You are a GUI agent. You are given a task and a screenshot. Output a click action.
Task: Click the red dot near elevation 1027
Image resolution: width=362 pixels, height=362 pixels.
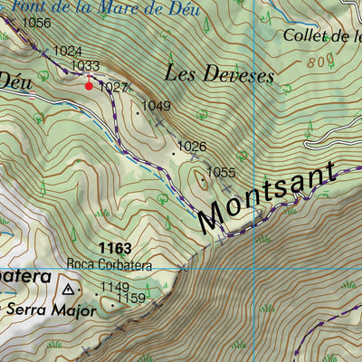[x=89, y=86]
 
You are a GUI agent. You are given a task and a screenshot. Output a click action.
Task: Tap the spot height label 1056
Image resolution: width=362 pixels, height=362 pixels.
[x=36, y=24]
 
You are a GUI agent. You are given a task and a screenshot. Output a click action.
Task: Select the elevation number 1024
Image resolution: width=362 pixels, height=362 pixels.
[x=68, y=52]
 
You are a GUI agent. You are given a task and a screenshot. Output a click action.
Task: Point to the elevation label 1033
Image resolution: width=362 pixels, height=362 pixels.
[x=84, y=66]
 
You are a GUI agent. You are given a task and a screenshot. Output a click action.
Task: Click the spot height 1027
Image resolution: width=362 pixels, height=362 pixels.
[x=113, y=87]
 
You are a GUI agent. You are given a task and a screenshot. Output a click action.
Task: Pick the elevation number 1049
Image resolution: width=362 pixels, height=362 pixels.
[x=156, y=106]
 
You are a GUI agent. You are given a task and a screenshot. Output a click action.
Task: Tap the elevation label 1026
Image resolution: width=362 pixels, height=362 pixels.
[x=191, y=146]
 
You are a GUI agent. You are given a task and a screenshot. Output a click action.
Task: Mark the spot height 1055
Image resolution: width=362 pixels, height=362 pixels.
[x=221, y=172]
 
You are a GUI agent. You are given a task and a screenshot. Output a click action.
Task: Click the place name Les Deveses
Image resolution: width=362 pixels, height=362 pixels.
[x=219, y=76]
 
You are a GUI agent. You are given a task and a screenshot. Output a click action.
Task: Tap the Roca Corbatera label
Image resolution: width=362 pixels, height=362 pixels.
[x=110, y=266]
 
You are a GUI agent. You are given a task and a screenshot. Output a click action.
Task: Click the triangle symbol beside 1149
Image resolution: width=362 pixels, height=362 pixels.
[x=69, y=290]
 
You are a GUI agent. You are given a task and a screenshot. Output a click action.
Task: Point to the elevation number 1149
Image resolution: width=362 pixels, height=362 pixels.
[x=114, y=287]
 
